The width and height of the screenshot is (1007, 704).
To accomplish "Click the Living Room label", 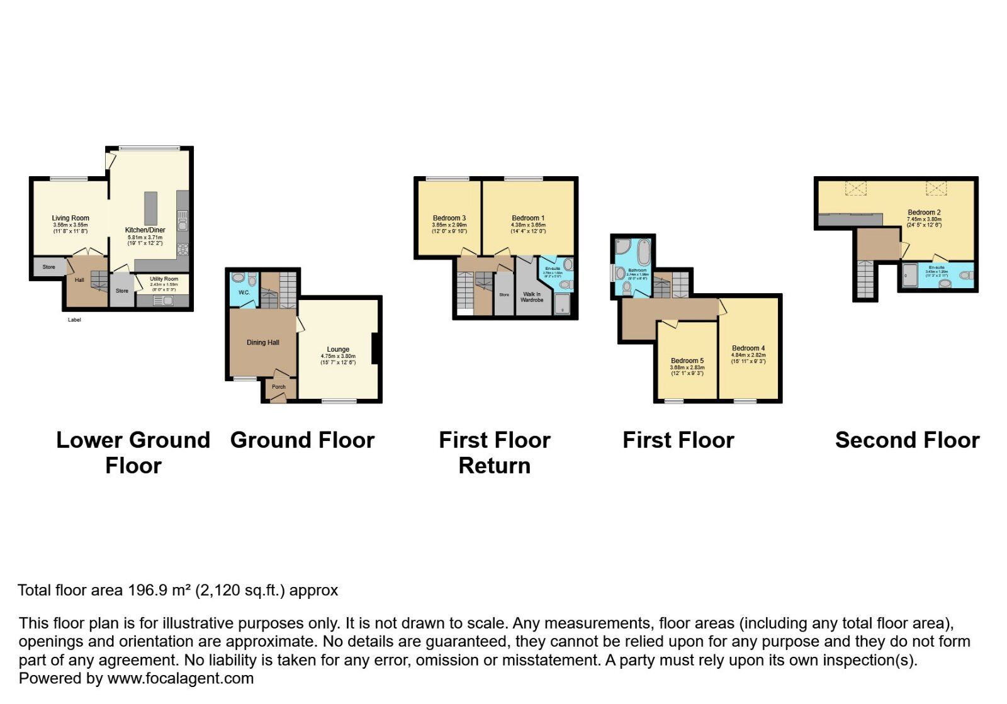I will [70, 218].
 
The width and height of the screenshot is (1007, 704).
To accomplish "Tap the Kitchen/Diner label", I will [145, 230].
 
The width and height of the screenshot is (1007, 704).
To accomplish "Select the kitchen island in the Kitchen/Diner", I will [150, 208].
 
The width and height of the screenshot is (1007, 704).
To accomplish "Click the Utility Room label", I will [164, 279].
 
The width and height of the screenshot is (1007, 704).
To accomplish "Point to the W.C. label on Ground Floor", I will [244, 293].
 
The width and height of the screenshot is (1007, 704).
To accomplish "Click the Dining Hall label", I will [263, 343].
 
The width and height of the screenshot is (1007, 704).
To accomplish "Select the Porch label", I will [278, 387].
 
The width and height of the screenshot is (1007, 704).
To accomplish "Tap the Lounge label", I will [338, 350].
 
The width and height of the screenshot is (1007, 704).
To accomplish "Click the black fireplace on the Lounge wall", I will [375, 349].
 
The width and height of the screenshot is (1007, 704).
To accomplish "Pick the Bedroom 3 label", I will [449, 218].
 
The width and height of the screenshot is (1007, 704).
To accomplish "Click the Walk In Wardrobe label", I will [532, 297].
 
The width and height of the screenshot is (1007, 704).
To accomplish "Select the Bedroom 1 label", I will [528, 218].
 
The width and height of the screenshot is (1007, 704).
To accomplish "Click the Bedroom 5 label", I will [687, 361].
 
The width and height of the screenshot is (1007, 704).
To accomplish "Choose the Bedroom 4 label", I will [748, 349].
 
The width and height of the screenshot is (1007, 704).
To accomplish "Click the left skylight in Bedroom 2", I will [855, 187].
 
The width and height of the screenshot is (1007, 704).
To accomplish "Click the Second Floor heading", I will [907, 440].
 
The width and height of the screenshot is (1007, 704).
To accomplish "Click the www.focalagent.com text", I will [181, 679].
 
